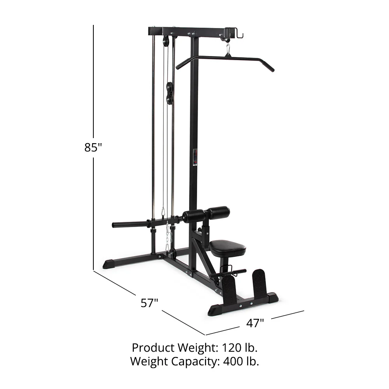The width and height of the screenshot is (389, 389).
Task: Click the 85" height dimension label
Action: (93, 147)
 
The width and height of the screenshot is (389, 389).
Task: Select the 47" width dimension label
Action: (256, 322)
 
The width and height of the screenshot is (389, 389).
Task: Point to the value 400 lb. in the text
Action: (241, 361)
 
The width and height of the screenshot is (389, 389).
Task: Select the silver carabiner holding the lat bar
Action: (228, 50)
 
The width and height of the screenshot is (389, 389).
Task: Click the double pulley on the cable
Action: (170, 93)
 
